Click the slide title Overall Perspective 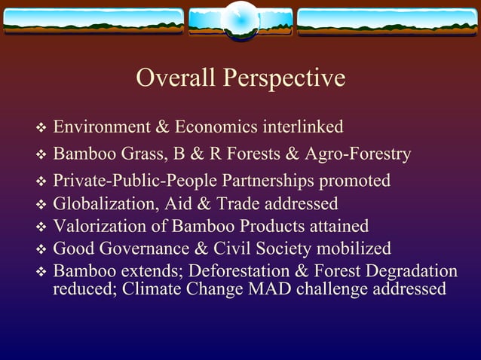click(x=240, y=78)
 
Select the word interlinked click(x=302, y=127)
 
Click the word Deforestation click(x=256, y=271)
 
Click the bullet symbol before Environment click(x=41, y=127)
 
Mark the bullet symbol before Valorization click(x=41, y=227)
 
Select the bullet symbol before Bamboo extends click(x=41, y=272)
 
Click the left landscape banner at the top click(x=93, y=23)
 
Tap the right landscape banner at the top click(x=388, y=23)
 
